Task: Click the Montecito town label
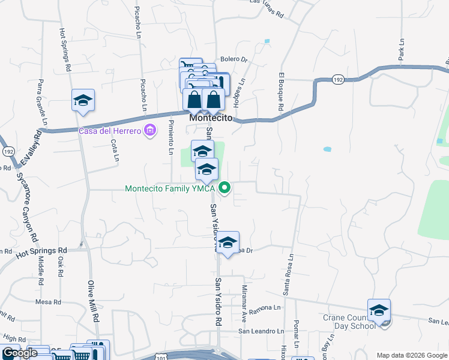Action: point(211,118)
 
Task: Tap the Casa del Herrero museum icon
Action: point(151,130)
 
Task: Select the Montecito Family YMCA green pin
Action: point(224,188)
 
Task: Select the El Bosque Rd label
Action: point(280,92)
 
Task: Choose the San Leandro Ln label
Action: point(261,331)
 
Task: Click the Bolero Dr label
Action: point(234,59)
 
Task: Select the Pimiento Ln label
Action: point(171,135)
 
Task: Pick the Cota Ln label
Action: point(114,152)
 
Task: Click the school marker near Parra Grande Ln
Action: point(83,101)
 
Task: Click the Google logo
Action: point(20,353)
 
